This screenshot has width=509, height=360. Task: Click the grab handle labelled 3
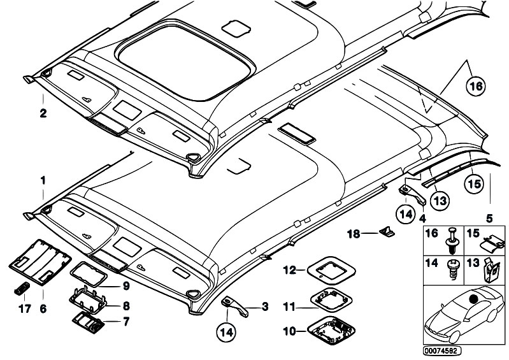point(236,303)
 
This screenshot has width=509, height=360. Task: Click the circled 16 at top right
point(473,87)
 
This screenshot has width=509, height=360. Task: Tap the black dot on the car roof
point(473,299)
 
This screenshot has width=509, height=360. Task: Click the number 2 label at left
point(42,115)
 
